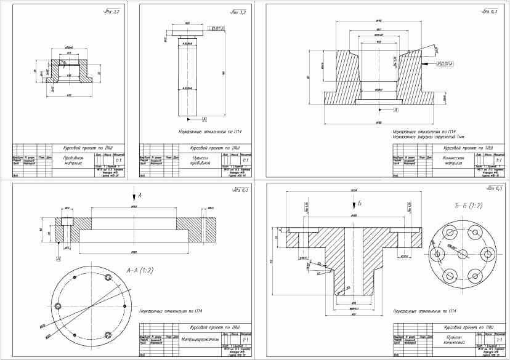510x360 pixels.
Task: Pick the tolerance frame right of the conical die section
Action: click(445, 63)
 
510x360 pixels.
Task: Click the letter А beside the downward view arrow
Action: click(140, 195)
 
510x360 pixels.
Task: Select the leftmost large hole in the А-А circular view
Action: click(59, 306)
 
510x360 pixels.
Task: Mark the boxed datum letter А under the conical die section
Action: click(396, 109)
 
